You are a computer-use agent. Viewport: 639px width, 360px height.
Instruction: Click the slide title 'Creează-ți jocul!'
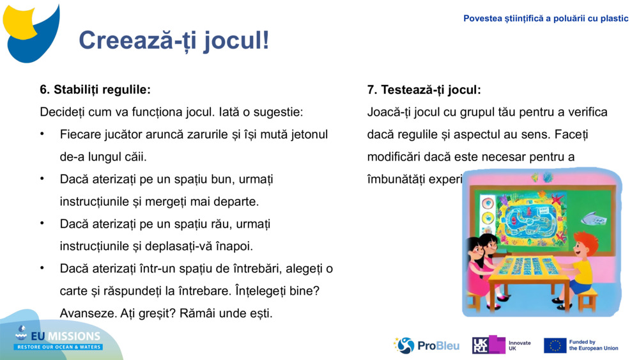[174, 40]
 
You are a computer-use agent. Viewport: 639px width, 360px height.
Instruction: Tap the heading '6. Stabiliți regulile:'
[95, 90]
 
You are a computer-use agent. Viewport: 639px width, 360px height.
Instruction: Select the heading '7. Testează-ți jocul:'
[424, 90]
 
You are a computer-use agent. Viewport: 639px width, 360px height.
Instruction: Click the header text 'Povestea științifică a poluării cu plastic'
[546, 19]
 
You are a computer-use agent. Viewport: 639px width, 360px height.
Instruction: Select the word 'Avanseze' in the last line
[86, 313]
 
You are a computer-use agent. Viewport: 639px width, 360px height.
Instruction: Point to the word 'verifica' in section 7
[585, 112]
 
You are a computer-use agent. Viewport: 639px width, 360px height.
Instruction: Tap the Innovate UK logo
[502, 345]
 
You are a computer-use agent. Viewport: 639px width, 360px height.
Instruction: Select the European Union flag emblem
[555, 345]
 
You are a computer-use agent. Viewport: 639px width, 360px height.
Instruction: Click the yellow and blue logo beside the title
[32, 32]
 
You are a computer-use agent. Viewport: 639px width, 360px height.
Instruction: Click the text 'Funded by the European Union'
[593, 345]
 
